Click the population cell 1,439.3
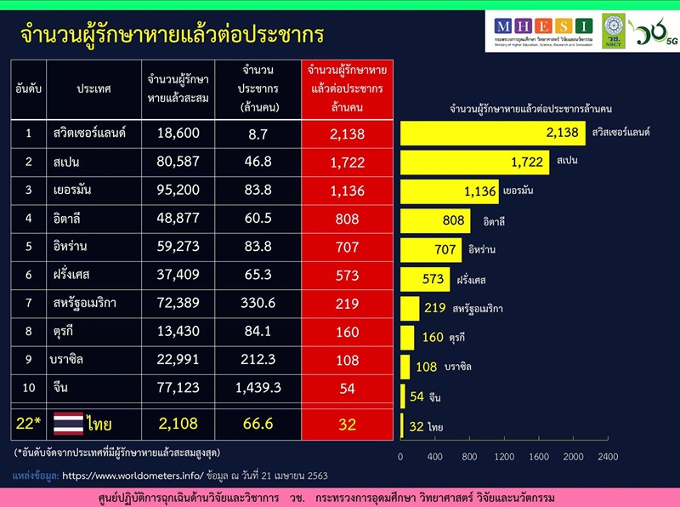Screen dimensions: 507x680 click(x=258, y=387)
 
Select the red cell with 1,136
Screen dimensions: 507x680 click(x=347, y=191)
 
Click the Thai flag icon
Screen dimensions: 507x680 click(x=69, y=424)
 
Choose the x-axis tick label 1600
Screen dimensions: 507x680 click(x=538, y=457)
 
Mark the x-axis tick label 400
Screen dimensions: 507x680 click(x=435, y=457)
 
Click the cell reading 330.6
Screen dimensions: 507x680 click(x=258, y=302)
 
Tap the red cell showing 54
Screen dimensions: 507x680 click(x=347, y=387)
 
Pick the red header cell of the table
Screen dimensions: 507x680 click(x=347, y=88)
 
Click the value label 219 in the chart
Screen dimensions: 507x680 click(x=435, y=308)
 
